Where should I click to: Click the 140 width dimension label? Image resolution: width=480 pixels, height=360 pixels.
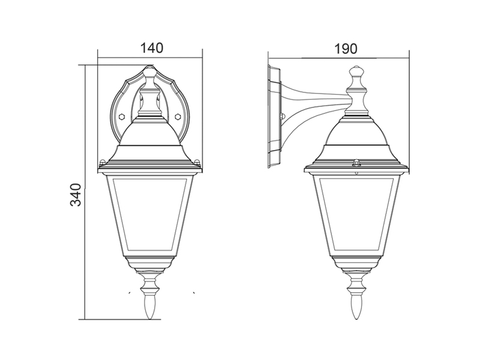coord(152,48)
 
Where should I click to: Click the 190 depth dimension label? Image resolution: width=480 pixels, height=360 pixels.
coord(346,49)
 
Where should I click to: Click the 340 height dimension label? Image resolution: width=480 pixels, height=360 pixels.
coord(76,194)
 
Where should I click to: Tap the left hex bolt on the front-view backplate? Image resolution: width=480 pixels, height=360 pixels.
coord(122,116)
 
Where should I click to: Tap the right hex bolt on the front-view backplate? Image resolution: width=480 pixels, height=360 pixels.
coord(177,116)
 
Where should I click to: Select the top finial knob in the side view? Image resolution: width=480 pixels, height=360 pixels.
coord(356,72)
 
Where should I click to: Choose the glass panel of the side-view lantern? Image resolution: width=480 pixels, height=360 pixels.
coord(356,214)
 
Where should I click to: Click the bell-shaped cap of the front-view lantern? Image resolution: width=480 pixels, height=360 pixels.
coord(149,139)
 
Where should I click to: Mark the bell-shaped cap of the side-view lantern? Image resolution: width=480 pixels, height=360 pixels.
coord(356,139)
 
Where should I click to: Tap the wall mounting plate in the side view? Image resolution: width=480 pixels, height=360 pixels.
coord(274,116)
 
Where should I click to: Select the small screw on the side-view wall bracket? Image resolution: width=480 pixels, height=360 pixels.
coord(282,116)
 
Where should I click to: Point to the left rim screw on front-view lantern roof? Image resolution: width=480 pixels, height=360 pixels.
coord(103,161)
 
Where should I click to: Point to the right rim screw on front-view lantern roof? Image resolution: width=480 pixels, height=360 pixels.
coord(197,161)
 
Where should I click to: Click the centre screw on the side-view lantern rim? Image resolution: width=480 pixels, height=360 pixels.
coord(356,162)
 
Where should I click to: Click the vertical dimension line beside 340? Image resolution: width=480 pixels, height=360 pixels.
coord(85,192)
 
